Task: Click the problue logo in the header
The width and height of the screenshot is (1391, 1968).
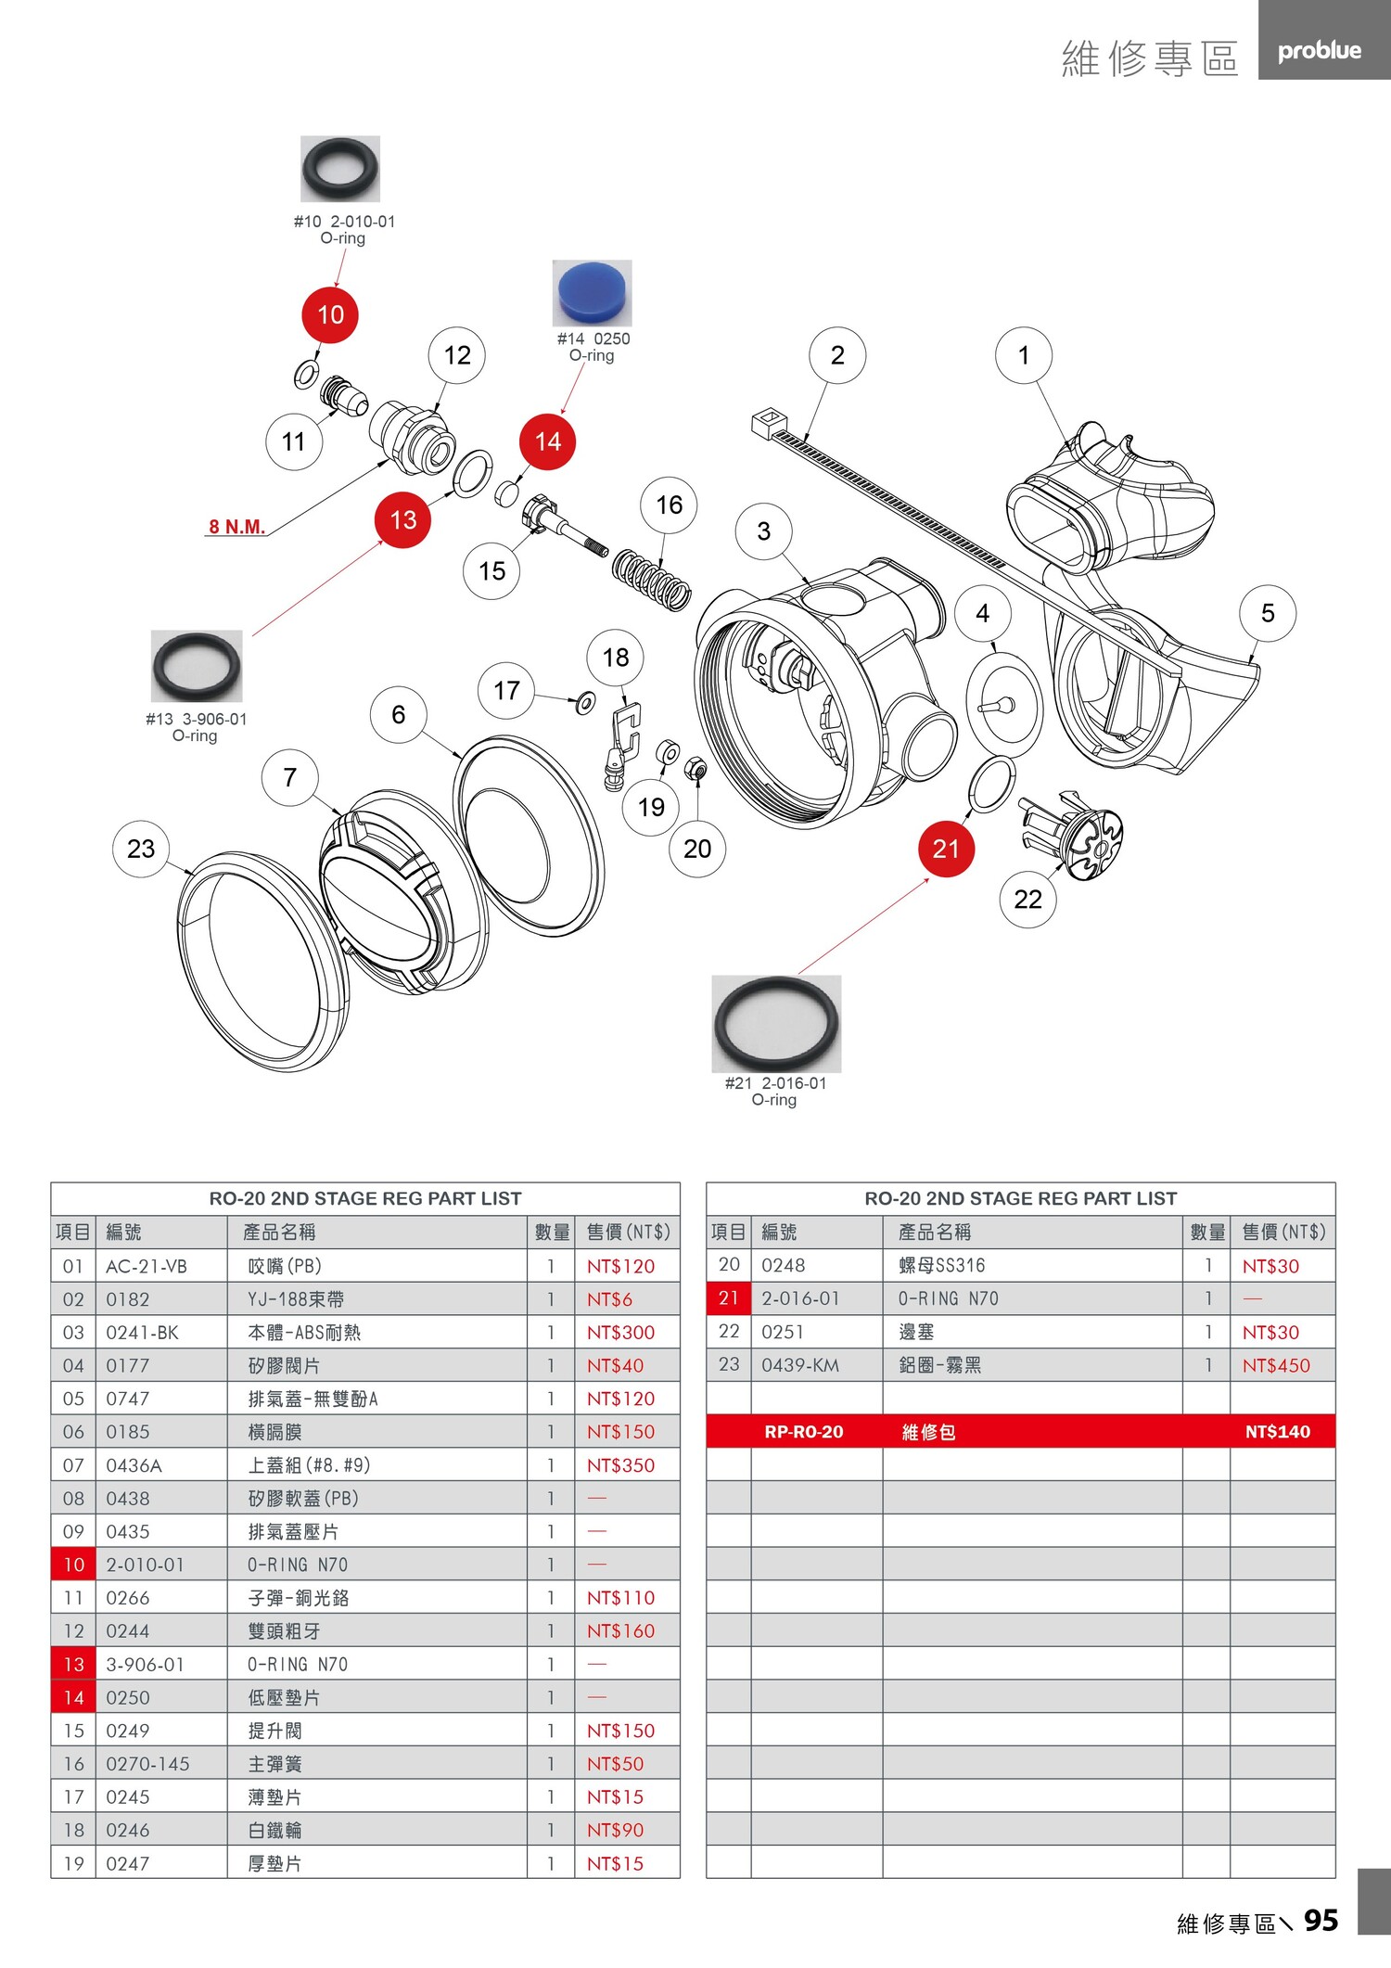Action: pyautogui.click(x=1319, y=51)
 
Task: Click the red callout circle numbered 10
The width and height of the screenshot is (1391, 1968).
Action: pyautogui.click(x=330, y=314)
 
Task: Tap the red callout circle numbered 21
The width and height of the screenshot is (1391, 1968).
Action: pyautogui.click(x=946, y=848)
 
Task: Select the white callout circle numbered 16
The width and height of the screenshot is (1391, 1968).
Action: pyautogui.click(x=669, y=505)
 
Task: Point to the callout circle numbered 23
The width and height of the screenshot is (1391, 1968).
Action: pyautogui.click(x=141, y=848)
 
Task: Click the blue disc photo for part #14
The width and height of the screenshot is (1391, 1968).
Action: pyautogui.click(x=592, y=292)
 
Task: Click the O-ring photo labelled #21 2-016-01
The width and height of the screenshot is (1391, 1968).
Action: pyautogui.click(x=776, y=1023)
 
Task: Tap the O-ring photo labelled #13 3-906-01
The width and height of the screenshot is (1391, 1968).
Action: pyautogui.click(x=197, y=666)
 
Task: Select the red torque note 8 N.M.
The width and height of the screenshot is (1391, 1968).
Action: pyautogui.click(x=237, y=527)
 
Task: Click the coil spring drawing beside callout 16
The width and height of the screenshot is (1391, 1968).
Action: pyautogui.click(x=652, y=579)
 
